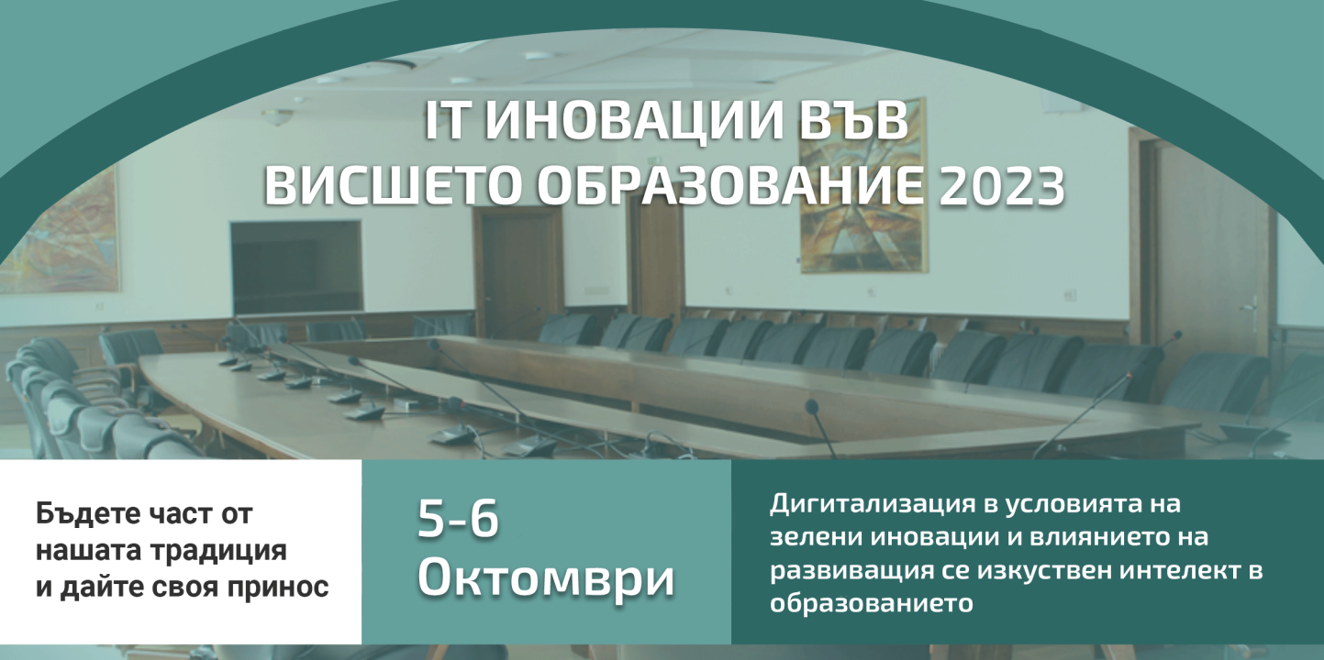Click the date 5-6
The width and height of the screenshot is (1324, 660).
459,520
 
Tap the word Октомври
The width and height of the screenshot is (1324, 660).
546,577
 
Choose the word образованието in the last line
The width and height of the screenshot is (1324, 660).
872,604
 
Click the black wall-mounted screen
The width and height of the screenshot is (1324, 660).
296,267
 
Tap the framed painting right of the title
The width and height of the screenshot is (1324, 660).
862,187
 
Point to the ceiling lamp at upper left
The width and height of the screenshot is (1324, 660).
278,116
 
